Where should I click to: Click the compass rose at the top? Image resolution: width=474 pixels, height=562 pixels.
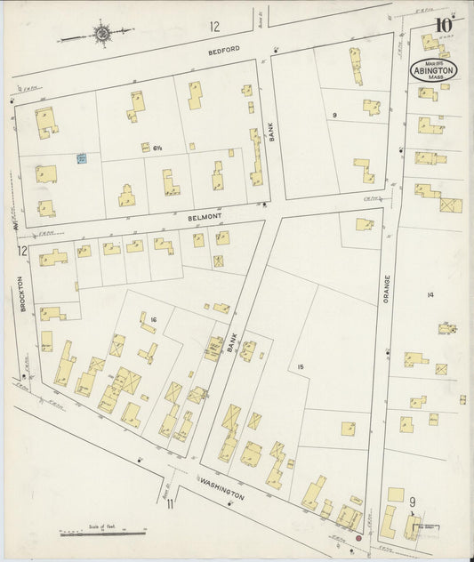(101, 35)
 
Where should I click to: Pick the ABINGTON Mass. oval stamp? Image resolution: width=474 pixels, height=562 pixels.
(433, 70)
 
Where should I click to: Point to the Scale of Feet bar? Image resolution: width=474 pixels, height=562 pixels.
(102, 533)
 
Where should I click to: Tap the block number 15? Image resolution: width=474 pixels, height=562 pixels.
(301, 365)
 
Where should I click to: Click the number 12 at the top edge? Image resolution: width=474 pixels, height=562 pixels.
(213, 26)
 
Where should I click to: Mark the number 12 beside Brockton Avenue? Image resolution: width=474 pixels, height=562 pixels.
(20, 252)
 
